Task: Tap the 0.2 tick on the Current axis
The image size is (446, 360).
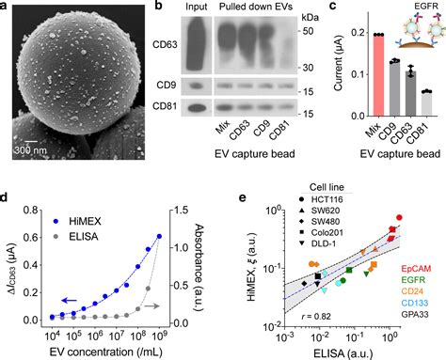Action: [332, 34]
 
